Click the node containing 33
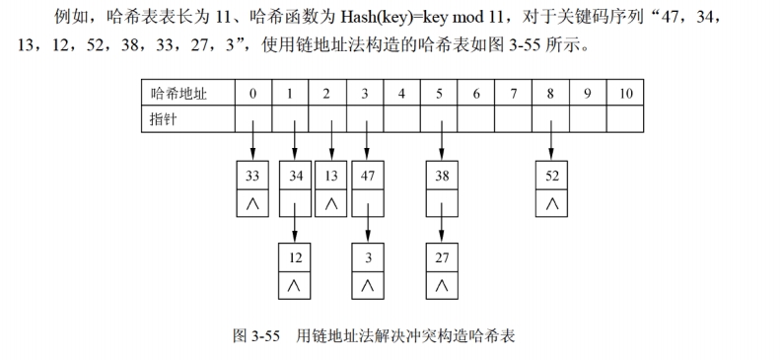253,178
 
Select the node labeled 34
294,178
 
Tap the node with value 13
330,178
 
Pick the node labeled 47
367,178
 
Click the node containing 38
441,178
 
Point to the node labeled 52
551,178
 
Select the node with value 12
294,257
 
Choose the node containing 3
367,257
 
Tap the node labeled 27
441,257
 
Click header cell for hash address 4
401,95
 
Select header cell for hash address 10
625,95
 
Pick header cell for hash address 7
514,95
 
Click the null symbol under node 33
253,204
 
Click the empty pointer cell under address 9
588,118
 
